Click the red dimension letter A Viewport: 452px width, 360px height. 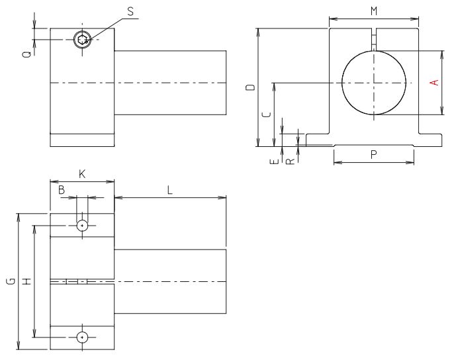tap(434, 82)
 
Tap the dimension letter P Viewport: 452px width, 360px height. tap(374, 154)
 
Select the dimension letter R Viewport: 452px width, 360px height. tap(289, 160)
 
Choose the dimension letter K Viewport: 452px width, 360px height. tap(82, 174)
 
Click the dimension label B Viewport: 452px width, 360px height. tap(62, 190)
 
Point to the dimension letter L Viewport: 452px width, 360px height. tap(170, 190)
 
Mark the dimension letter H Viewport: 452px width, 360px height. tap(26, 281)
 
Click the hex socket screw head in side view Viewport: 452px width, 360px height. tap(81, 40)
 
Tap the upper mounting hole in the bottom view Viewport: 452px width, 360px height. tap(82, 226)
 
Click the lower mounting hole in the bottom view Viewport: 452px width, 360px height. tap(82, 337)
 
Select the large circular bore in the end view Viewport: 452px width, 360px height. tap(374, 83)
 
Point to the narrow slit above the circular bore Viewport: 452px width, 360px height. tap(374, 38)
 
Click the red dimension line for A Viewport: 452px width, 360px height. tap(441, 66)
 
